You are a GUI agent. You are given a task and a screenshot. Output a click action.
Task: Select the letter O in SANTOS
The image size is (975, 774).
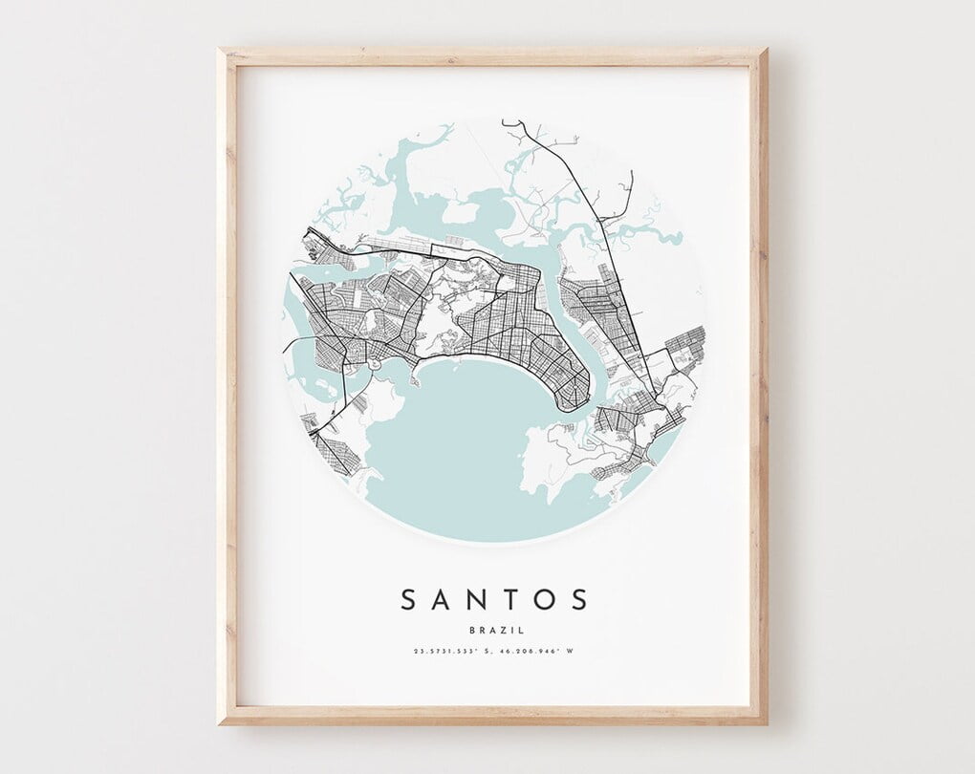pyautogui.click(x=546, y=600)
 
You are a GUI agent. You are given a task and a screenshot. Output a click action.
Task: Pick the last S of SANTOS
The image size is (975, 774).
pyautogui.click(x=579, y=600)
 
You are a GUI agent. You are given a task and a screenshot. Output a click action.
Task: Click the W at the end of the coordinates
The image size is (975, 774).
pyautogui.click(x=570, y=652)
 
